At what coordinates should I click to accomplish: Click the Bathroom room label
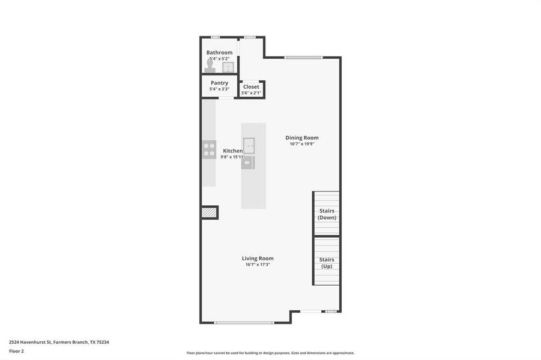point(219,53)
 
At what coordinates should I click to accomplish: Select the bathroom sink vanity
point(228,67)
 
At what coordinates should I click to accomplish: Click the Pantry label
point(219,83)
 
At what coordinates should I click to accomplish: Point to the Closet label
point(251,86)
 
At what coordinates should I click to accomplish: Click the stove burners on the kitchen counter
point(209,149)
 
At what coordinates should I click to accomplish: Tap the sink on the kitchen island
point(249,145)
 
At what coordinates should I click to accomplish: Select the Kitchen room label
point(233,151)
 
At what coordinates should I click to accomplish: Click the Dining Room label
point(301,137)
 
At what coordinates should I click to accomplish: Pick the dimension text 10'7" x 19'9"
point(301,144)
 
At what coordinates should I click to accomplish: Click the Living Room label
point(258,258)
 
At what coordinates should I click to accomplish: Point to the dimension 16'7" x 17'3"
point(258,265)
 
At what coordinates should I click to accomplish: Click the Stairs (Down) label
point(327,214)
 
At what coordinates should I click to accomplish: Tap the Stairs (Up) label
point(327,263)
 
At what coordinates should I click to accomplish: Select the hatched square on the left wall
point(209,212)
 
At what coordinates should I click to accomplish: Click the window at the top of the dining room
point(303,58)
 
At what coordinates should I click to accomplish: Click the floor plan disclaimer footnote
point(270,353)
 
